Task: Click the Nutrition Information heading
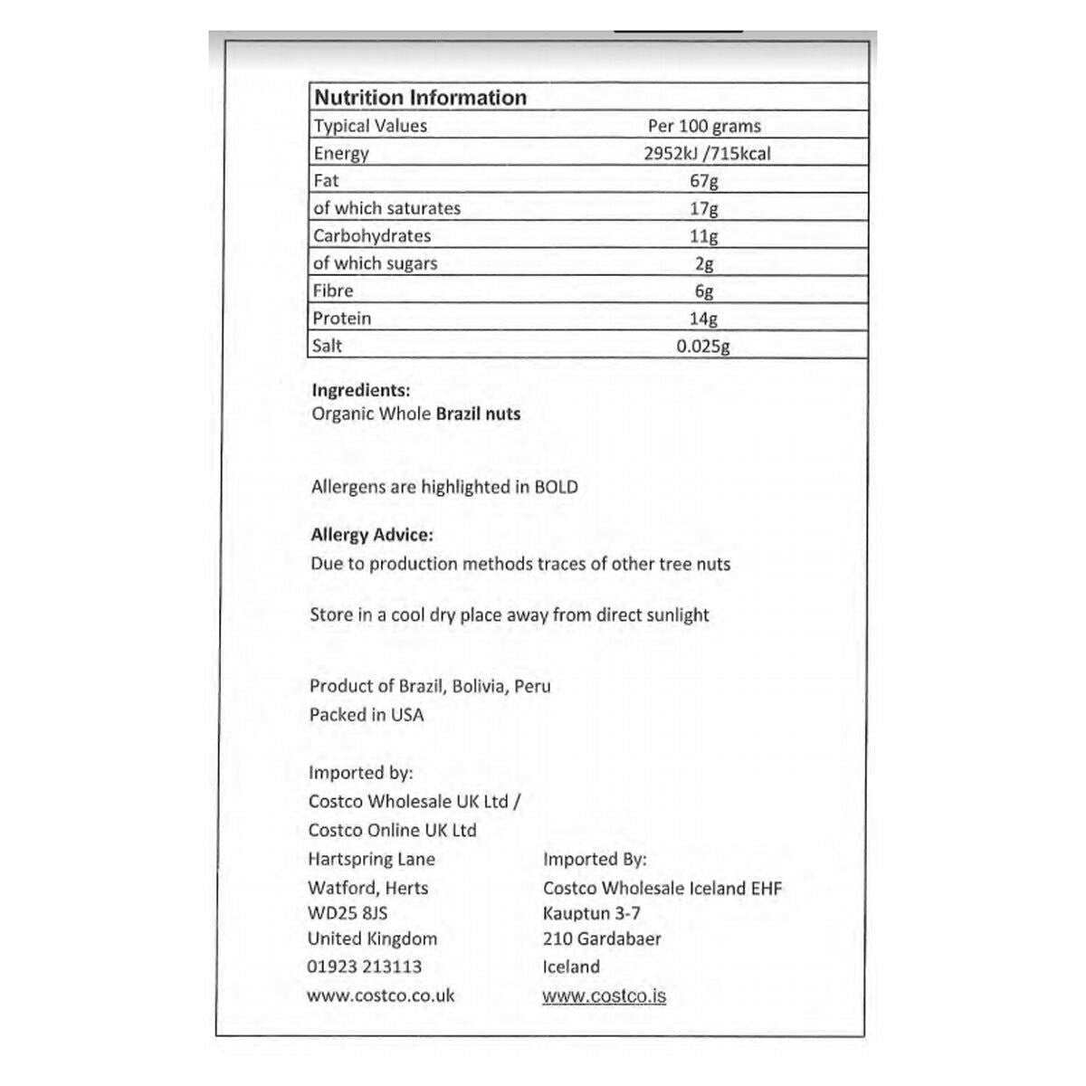[x=420, y=98]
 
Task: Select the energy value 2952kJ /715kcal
[x=707, y=153]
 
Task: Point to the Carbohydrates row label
[x=372, y=235]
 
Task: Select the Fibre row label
[x=333, y=291]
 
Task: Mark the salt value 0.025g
[x=703, y=346]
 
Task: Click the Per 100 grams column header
[x=704, y=126]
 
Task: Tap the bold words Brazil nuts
[x=479, y=414]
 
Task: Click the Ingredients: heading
[x=360, y=391]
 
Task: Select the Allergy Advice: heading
[x=372, y=535]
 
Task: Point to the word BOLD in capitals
[x=556, y=487]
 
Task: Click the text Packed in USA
[x=367, y=714]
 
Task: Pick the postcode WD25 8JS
[x=348, y=913]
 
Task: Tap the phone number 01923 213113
[x=365, y=967]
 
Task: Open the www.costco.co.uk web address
[x=381, y=995]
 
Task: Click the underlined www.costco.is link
[x=605, y=996]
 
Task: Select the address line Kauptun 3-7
[x=592, y=913]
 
